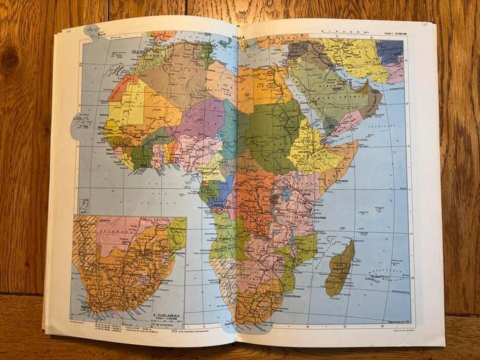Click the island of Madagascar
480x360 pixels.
pyautogui.click(x=341, y=268)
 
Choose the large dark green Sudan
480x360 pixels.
pyautogui.click(x=271, y=126)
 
